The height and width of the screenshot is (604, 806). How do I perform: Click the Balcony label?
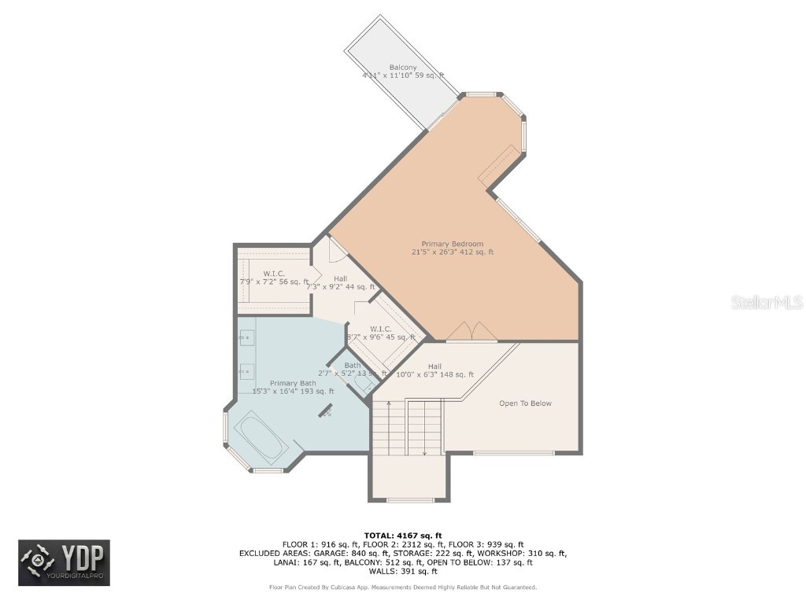click(402, 68)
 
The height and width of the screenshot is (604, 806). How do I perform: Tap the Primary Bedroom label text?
click(452, 244)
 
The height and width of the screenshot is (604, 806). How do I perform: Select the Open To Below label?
click(525, 403)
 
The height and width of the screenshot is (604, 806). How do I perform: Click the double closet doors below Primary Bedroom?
click(471, 332)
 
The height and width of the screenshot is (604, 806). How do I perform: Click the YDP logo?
click(64, 563)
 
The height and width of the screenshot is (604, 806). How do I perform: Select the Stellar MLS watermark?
click(766, 302)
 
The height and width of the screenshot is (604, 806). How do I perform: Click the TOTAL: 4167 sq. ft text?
click(402, 535)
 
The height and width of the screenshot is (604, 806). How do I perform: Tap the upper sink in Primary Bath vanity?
click(246, 338)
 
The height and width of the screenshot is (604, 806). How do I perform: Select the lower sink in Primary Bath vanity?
click(246, 369)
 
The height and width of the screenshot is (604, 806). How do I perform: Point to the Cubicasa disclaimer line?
click(402, 587)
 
